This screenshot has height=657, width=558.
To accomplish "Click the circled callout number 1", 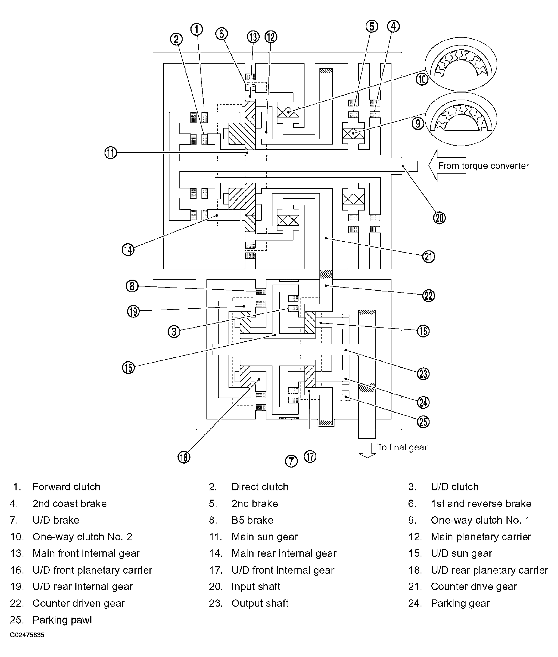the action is point(197,29).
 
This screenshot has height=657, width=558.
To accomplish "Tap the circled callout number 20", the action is point(439,218).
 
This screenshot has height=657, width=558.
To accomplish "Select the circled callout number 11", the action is point(111,153).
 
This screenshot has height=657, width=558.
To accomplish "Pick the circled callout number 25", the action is point(423,422).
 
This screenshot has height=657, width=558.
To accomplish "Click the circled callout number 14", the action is point(128,250).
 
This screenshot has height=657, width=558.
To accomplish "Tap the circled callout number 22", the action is point(428,296).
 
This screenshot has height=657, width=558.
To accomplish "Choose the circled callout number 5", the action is point(372,26).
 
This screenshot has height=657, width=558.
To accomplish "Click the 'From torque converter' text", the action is point(483,166).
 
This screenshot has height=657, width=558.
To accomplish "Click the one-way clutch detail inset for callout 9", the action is point(461,119).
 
